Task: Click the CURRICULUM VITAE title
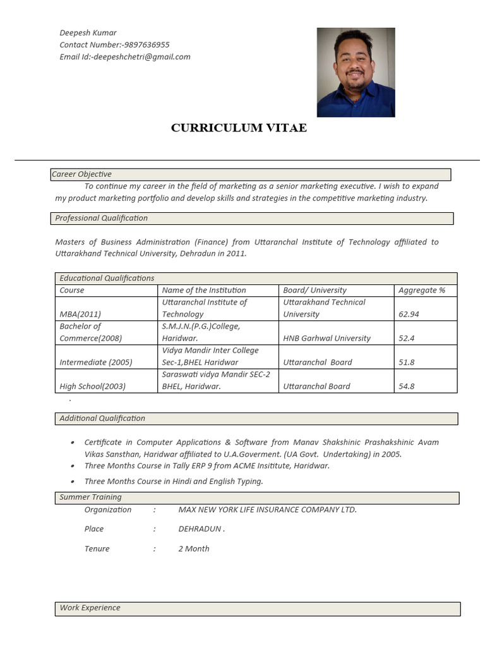pyautogui.click(x=239, y=128)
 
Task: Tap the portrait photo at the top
pyautogui.click(x=356, y=72)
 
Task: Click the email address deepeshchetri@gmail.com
pyautogui.click(x=141, y=57)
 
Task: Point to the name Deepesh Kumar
pyautogui.click(x=88, y=33)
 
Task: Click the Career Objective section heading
pyautogui.click(x=82, y=174)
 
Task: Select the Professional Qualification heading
pyautogui.click(x=102, y=218)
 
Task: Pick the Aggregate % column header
pyautogui.click(x=422, y=290)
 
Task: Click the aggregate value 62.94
pyautogui.click(x=409, y=314)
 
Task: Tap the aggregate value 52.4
pyautogui.click(x=407, y=338)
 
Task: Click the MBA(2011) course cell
pyautogui.click(x=80, y=314)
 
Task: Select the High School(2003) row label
pyautogui.click(x=92, y=386)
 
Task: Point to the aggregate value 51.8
pyautogui.click(x=407, y=362)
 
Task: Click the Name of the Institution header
pyautogui.click(x=204, y=290)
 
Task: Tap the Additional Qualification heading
pyautogui.click(x=102, y=418)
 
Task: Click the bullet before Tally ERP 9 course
pyautogui.click(x=73, y=466)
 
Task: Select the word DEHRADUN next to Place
pyautogui.click(x=200, y=529)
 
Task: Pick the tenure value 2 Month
pyautogui.click(x=194, y=548)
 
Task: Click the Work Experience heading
pyautogui.click(x=90, y=608)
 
